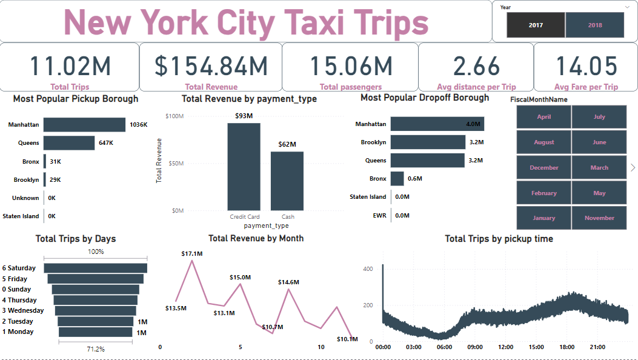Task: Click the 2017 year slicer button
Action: tap(536, 25)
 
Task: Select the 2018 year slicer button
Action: tap(594, 25)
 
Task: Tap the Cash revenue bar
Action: tap(287, 181)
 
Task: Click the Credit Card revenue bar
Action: tap(244, 167)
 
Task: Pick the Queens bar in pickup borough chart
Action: tap(69, 143)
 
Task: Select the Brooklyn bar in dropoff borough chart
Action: tap(427, 142)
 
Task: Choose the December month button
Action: tap(543, 168)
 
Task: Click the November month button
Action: tap(599, 218)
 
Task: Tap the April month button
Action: tap(543, 117)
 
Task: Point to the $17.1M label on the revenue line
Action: tap(191, 253)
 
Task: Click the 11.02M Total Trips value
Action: tap(70, 66)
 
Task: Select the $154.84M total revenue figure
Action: tap(211, 66)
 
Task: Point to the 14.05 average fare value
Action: tap(586, 66)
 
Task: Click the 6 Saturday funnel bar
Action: tap(96, 268)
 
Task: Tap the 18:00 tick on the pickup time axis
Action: tap(568, 347)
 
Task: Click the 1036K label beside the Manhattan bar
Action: tap(138, 125)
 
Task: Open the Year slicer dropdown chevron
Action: tap(626, 7)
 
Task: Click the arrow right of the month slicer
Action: tap(633, 167)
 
